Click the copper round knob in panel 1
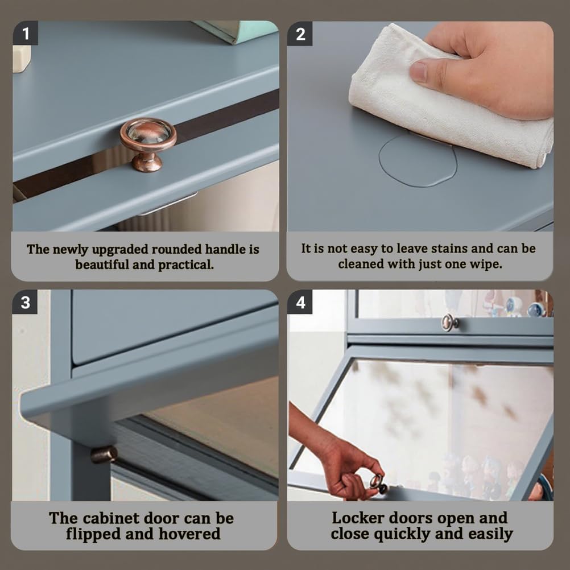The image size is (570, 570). tap(148, 143)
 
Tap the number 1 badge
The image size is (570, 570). tap(26, 34)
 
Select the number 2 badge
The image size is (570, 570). tap(300, 34)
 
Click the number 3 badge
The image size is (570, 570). tap(25, 302)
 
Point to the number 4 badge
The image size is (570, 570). tap(300, 302)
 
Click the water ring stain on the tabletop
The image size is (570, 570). tap(418, 160)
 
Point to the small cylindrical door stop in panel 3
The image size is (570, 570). tap(104, 455)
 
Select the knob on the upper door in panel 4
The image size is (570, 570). tap(449, 323)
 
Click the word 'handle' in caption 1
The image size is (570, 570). tap(225, 249)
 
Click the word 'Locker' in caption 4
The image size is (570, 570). tap(358, 518)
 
